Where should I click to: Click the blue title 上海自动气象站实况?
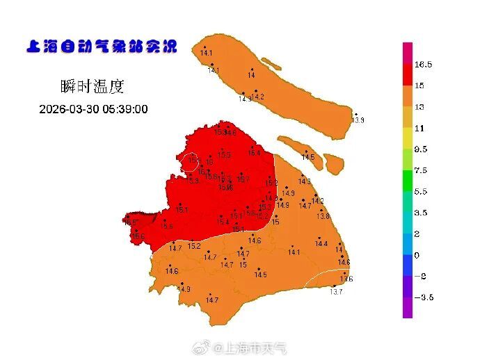[101, 47]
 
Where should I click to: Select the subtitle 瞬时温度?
[92, 87]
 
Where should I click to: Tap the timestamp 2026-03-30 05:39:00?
[93, 109]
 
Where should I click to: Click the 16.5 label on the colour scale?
[424, 65]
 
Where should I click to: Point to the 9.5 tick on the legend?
[421, 149]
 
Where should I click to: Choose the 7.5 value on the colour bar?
[421, 170]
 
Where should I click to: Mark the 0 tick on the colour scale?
[417, 255]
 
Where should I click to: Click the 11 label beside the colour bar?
[419, 129]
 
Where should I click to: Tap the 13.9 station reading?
[358, 121]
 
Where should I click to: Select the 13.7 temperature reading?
[336, 292]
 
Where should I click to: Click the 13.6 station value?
[346, 279]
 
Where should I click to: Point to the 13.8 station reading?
[323, 216]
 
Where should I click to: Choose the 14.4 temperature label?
[321, 244]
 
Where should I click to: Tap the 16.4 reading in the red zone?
[254, 153]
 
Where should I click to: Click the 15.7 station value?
[243, 179]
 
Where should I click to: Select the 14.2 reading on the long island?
[259, 97]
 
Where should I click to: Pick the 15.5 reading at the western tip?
[130, 223]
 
